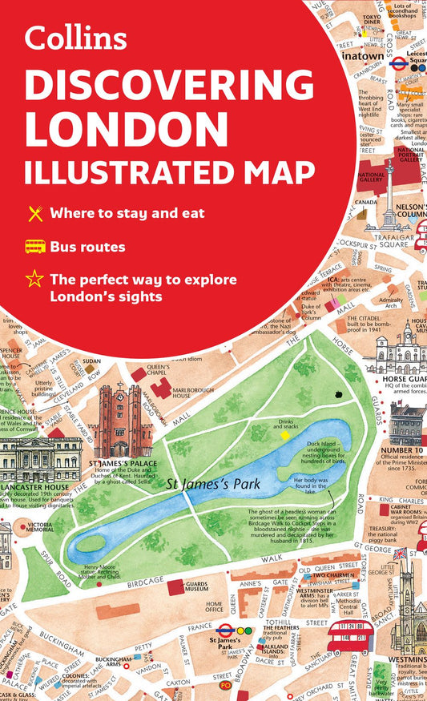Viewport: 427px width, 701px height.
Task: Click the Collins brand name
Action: click(77, 38)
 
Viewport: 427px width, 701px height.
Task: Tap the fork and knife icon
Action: click(34, 213)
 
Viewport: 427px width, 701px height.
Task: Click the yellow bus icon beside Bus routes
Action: click(34, 247)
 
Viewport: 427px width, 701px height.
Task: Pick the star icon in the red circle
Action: click(34, 280)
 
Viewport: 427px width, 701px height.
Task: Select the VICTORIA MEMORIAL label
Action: click(40, 529)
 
